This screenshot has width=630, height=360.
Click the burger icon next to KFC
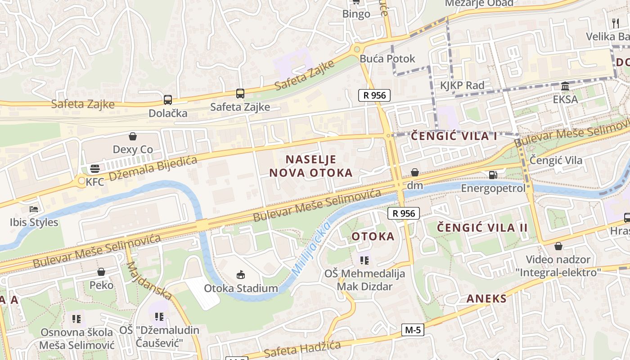click(x=95, y=169)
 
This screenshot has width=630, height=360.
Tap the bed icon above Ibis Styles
click(x=34, y=209)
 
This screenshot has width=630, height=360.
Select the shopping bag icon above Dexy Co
click(x=132, y=136)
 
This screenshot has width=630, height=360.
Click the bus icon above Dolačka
click(x=167, y=99)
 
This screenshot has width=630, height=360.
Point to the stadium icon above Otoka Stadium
click(x=241, y=274)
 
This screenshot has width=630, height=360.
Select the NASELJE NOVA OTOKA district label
click(x=310, y=166)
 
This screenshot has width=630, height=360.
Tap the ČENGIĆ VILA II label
click(x=482, y=227)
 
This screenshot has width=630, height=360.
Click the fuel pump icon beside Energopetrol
click(x=493, y=175)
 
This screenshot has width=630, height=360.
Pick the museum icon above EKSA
click(x=565, y=86)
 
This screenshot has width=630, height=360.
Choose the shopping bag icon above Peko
click(x=101, y=272)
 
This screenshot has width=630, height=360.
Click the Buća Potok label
click(x=387, y=58)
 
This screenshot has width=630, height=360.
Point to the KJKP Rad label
click(x=462, y=85)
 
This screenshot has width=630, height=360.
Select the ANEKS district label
click(x=486, y=298)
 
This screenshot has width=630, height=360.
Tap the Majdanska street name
click(x=148, y=280)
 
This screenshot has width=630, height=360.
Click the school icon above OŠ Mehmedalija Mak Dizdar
click(x=364, y=260)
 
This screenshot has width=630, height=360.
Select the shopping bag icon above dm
click(x=414, y=172)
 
